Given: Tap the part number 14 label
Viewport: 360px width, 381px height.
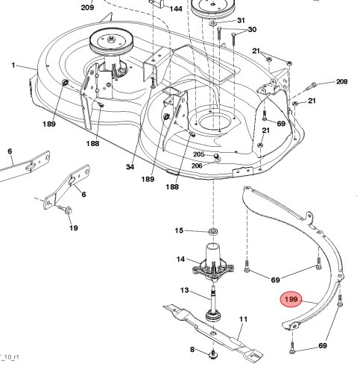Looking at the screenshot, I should coord(180,259).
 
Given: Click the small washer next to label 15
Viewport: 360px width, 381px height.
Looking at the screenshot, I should coord(213,232).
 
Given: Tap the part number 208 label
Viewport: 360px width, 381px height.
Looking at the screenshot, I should coord(342,81).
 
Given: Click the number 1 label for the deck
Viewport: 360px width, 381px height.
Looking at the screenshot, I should coord(13,66).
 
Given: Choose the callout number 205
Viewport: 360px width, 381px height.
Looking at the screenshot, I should coord(198,154).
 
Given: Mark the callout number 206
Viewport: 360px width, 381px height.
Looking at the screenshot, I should coord(198,165).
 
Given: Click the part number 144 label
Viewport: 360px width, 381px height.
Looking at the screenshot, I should coord(176,9).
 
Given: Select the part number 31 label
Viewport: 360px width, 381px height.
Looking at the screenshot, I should coord(241,19).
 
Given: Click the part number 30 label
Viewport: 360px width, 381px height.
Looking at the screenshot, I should coord(251,30).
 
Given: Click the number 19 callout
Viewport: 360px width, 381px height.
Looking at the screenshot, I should coord(73,227).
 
